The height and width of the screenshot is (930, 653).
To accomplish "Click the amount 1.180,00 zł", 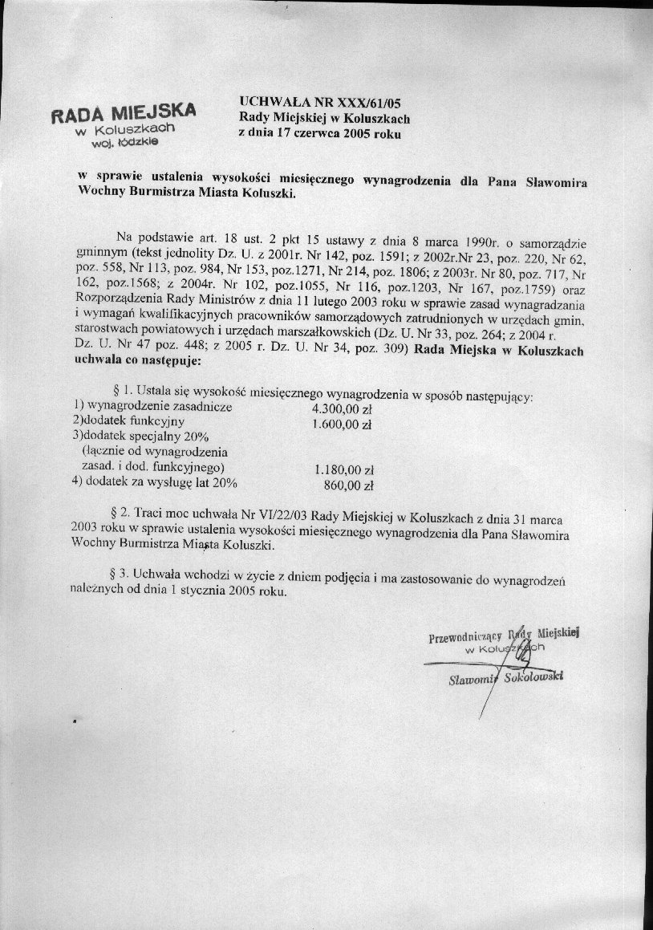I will tap(344, 470).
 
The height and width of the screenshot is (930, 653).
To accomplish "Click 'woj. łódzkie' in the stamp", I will tap(124, 143).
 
